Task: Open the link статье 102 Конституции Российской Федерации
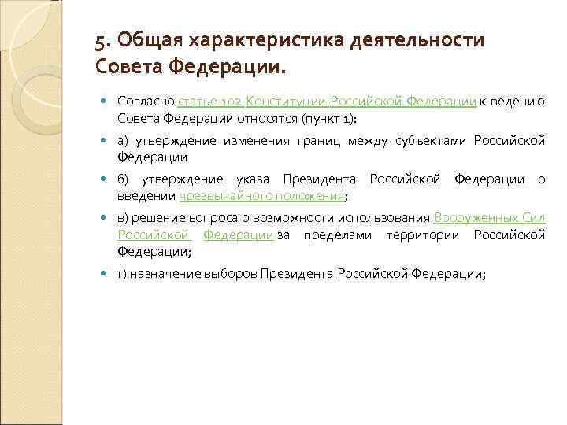coord(327,102)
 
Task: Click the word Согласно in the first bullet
coord(146,102)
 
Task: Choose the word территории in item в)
coord(426,234)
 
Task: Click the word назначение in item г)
coord(164,272)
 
